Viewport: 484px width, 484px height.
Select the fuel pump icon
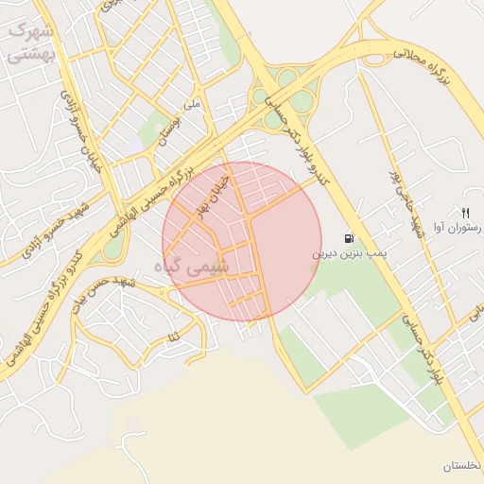tap(351, 238)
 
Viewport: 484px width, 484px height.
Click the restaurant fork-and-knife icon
tap(465, 212)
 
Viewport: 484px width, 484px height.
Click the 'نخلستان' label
tap(461, 467)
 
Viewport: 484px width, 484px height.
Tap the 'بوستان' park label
tap(166, 131)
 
